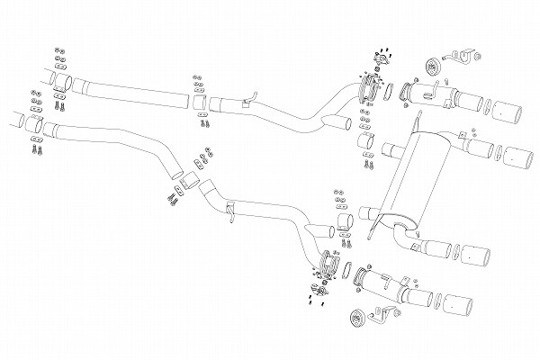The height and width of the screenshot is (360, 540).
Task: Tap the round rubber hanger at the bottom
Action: click(357, 315)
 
